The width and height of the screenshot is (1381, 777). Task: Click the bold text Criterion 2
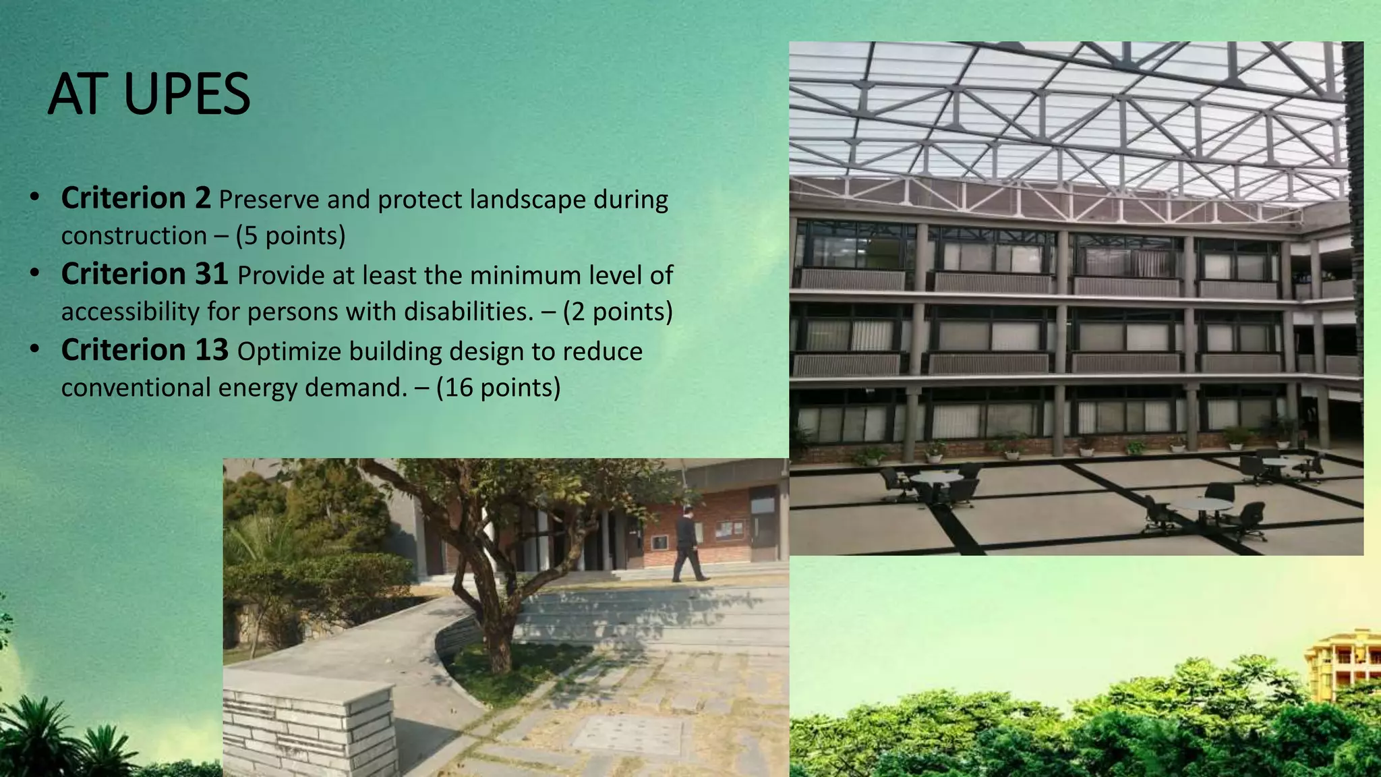136,198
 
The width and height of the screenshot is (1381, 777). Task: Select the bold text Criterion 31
144,275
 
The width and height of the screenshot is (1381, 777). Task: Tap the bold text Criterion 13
144,351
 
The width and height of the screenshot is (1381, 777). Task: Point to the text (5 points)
290,235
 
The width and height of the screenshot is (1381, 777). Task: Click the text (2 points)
618,312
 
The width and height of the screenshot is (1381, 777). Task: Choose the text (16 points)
498,388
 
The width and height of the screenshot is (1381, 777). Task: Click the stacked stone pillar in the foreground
309,725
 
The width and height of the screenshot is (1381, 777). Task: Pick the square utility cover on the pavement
627,734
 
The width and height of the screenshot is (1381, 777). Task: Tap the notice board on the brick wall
729,530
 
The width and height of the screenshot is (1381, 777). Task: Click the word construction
134,235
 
